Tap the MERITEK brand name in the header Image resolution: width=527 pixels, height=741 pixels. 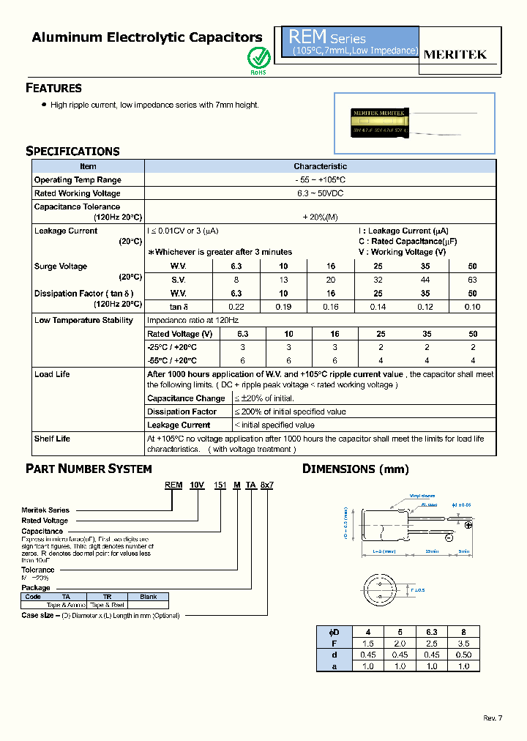point(455,54)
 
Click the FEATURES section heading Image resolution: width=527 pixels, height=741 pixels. point(53,88)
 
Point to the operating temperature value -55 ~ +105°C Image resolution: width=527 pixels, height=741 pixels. point(320,180)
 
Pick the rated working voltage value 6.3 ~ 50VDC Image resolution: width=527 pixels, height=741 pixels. point(320,193)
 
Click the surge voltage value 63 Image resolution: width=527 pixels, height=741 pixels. point(472,280)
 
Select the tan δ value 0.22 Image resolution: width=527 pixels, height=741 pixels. point(236,306)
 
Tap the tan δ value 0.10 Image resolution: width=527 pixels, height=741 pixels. point(472,306)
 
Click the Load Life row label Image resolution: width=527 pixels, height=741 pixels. point(52,374)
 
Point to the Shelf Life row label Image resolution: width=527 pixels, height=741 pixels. point(52,439)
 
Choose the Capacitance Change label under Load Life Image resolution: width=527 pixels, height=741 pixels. point(186,398)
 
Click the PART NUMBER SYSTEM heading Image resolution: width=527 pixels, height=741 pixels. point(89,469)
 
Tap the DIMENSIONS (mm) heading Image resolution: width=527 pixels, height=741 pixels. point(356,469)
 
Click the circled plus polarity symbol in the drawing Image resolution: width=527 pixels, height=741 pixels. point(468,525)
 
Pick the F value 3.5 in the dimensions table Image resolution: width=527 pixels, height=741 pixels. point(472,644)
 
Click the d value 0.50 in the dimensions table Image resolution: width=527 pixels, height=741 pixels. point(472,656)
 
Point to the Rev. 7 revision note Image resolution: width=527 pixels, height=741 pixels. point(493,718)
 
